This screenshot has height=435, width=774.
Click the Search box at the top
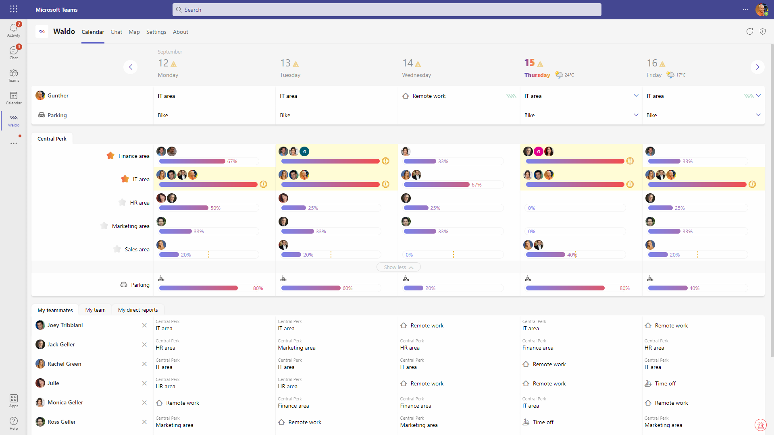[386, 10]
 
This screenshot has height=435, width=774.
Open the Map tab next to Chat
[134, 32]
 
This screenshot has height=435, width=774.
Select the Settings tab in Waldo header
[156, 32]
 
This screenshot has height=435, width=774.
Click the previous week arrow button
[130, 67]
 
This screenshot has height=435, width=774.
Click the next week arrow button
[757, 67]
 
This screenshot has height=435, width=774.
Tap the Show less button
[398, 267]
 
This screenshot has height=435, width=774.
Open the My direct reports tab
[138, 310]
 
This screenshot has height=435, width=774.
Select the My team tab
[95, 310]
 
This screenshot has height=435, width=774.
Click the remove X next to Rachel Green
[144, 364]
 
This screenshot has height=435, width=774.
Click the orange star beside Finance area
[110, 156]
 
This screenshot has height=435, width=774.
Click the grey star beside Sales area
[117, 249]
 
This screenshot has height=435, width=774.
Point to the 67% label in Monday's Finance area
[232, 162]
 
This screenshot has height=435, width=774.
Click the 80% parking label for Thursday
[624, 288]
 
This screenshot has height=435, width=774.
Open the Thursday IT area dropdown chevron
[636, 96]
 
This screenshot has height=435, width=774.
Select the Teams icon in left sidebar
[14, 75]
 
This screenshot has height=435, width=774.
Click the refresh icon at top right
[749, 31]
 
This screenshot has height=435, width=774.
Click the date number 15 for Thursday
[529, 63]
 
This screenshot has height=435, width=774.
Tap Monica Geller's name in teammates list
[65, 402]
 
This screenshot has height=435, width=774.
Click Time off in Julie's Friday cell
[665, 383]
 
